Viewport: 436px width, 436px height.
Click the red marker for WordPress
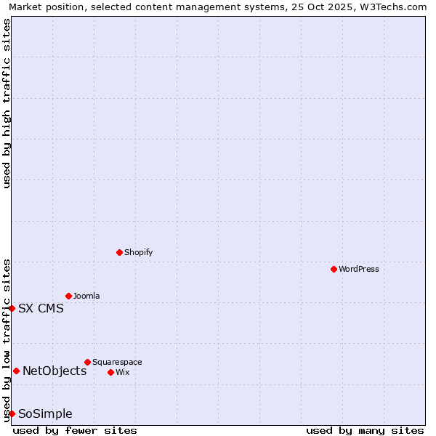(334, 269)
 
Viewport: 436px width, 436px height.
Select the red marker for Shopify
(119, 252)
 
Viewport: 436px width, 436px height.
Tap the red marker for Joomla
(68, 296)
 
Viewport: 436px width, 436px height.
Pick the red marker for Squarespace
(87, 362)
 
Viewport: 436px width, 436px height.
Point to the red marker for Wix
(110, 372)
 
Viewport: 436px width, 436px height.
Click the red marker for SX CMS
(12, 308)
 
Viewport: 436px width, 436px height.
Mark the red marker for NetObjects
(16, 371)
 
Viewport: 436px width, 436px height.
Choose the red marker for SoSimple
(12, 413)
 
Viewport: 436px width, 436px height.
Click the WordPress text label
(359, 269)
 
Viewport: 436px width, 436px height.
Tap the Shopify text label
(138, 252)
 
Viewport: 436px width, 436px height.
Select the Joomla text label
(86, 296)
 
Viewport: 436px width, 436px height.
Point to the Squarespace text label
(117, 362)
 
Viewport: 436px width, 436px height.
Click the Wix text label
(123, 372)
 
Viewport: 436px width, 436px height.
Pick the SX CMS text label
(41, 308)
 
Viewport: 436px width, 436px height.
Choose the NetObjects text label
(54, 371)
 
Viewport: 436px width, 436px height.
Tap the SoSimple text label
(45, 413)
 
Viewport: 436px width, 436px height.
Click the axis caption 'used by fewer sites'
(75, 430)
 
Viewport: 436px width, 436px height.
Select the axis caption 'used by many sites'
(365, 430)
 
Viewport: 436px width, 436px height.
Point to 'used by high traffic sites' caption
(7, 103)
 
